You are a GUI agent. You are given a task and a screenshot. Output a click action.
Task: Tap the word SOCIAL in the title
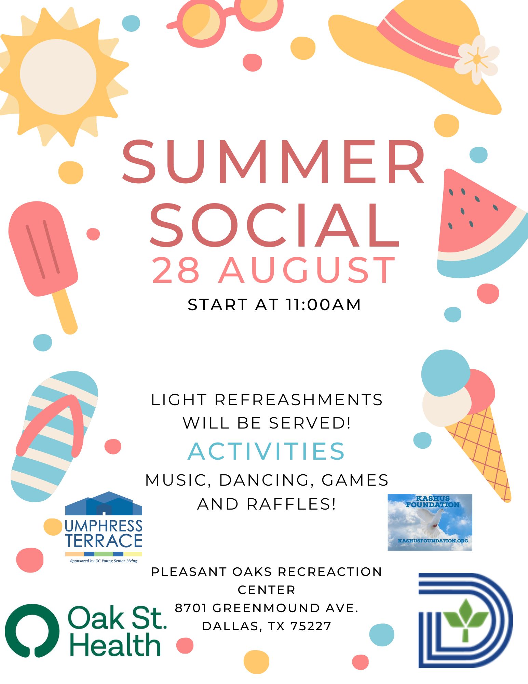[x=274, y=225]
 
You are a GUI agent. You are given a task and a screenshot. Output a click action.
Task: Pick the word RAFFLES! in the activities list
[x=291, y=504]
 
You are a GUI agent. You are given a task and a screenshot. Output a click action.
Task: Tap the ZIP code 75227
[x=311, y=626]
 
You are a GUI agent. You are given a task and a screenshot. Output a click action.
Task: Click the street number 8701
[x=191, y=608]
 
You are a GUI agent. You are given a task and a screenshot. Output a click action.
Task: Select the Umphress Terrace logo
[x=104, y=527]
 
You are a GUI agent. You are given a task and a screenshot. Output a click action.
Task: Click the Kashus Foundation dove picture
[x=430, y=522]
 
